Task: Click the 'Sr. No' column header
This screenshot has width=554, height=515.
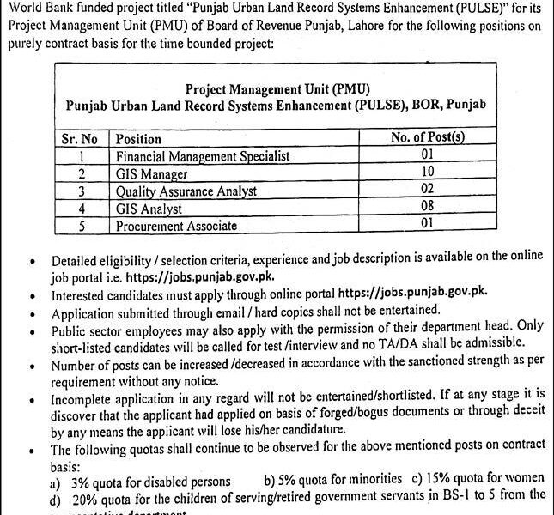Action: click(x=83, y=139)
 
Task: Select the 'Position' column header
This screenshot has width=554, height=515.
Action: click(x=138, y=139)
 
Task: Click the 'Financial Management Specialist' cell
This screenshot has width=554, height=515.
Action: click(x=203, y=156)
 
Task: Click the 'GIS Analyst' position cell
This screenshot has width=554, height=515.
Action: click(x=149, y=209)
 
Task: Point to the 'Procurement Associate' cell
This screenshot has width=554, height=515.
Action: click(x=175, y=226)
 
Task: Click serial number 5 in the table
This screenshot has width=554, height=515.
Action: click(x=80, y=226)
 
